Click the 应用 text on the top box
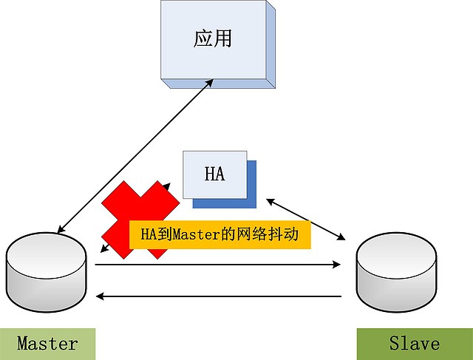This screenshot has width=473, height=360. [213, 38]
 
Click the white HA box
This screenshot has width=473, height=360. [214, 174]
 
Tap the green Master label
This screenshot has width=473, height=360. [47, 343]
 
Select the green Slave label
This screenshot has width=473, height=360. [414, 343]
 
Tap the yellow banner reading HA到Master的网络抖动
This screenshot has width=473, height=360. [219, 234]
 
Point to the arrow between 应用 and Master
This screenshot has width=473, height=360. [133, 155]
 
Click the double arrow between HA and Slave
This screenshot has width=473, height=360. [307, 219]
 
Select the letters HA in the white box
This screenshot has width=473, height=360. [214, 174]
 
